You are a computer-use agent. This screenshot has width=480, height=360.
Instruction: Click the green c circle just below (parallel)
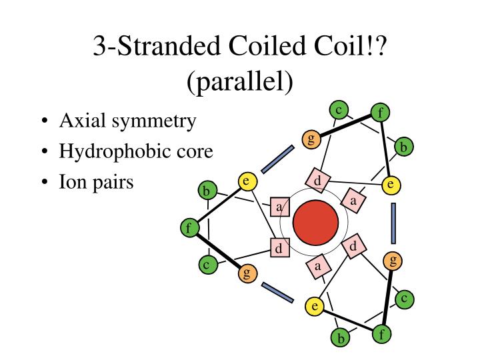click(339, 110)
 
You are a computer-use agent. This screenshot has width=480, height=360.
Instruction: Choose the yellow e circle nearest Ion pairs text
click(247, 181)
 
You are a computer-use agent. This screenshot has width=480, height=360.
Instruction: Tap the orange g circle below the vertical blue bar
click(393, 261)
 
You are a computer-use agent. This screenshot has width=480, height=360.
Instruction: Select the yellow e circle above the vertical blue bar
click(391, 185)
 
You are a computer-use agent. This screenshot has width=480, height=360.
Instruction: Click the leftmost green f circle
click(189, 229)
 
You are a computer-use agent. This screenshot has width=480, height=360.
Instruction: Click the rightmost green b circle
click(403, 147)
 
